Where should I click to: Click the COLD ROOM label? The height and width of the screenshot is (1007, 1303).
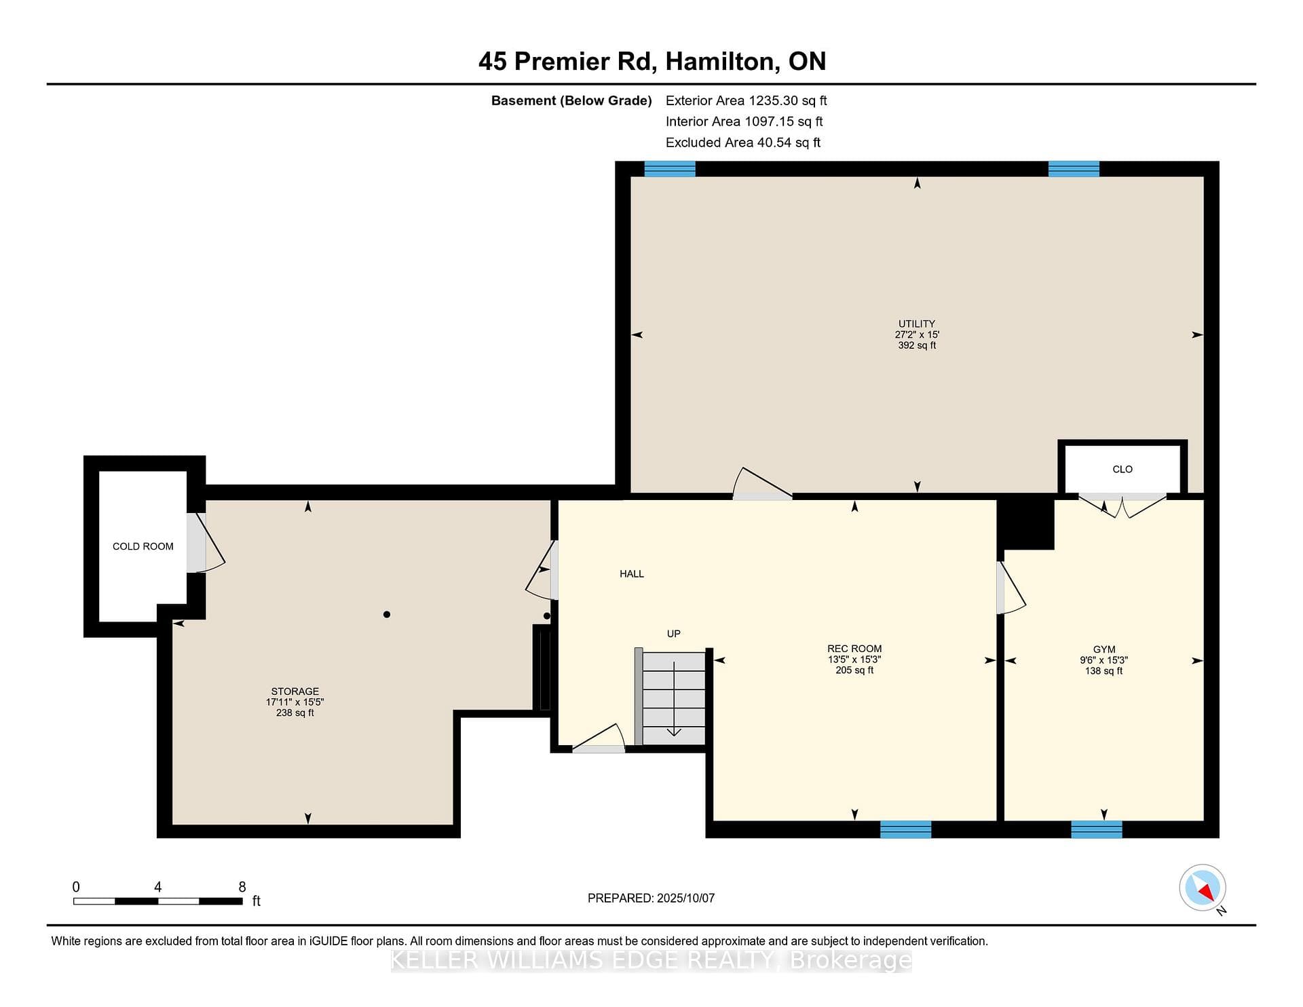point(143,546)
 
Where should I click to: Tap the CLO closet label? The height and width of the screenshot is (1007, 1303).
point(1122,469)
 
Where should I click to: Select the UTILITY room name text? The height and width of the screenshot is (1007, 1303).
point(917,324)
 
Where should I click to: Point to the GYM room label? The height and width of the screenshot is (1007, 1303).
point(1104,649)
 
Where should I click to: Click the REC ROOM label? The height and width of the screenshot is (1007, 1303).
point(854,649)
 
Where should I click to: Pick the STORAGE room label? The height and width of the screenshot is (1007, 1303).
point(295,691)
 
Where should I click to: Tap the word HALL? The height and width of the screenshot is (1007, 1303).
point(632,574)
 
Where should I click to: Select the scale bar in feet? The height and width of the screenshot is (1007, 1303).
point(158,901)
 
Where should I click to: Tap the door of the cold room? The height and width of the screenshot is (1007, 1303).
point(205,542)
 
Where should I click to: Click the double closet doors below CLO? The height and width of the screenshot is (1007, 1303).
point(1122,506)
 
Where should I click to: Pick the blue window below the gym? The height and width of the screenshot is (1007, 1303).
point(1097,829)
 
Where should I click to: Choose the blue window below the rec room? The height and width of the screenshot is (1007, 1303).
point(905,829)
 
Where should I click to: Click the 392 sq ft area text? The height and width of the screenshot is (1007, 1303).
point(917,345)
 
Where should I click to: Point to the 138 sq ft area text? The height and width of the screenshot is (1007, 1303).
point(1104,671)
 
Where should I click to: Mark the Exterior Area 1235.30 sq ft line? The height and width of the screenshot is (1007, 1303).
point(747,101)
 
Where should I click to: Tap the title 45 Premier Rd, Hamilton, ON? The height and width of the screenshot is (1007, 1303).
point(652,62)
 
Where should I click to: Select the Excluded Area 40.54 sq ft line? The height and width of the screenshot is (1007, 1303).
point(743,142)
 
